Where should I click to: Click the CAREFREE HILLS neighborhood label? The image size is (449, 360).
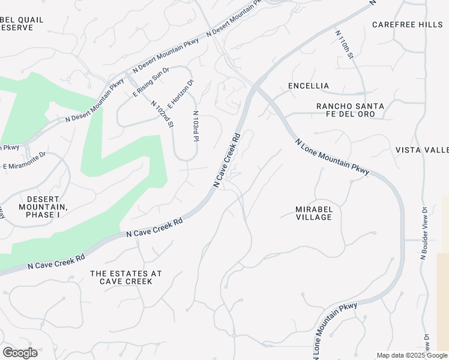(x=406, y=25)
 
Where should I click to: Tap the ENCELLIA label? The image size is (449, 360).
(x=309, y=86)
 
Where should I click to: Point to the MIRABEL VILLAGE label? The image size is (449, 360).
(x=313, y=213)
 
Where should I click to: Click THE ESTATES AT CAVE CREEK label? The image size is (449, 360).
(x=126, y=277)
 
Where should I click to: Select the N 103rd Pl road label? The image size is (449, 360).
(x=195, y=126)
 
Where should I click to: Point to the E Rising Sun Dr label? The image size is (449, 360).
(x=151, y=82)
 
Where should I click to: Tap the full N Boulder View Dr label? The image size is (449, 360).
(x=423, y=233)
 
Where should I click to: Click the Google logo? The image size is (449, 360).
(x=20, y=353)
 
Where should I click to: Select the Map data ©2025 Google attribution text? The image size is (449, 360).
(x=412, y=355)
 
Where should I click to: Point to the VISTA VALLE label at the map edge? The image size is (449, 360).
(x=421, y=150)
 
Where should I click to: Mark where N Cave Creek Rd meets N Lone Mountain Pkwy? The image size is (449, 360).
(x=256, y=88)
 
